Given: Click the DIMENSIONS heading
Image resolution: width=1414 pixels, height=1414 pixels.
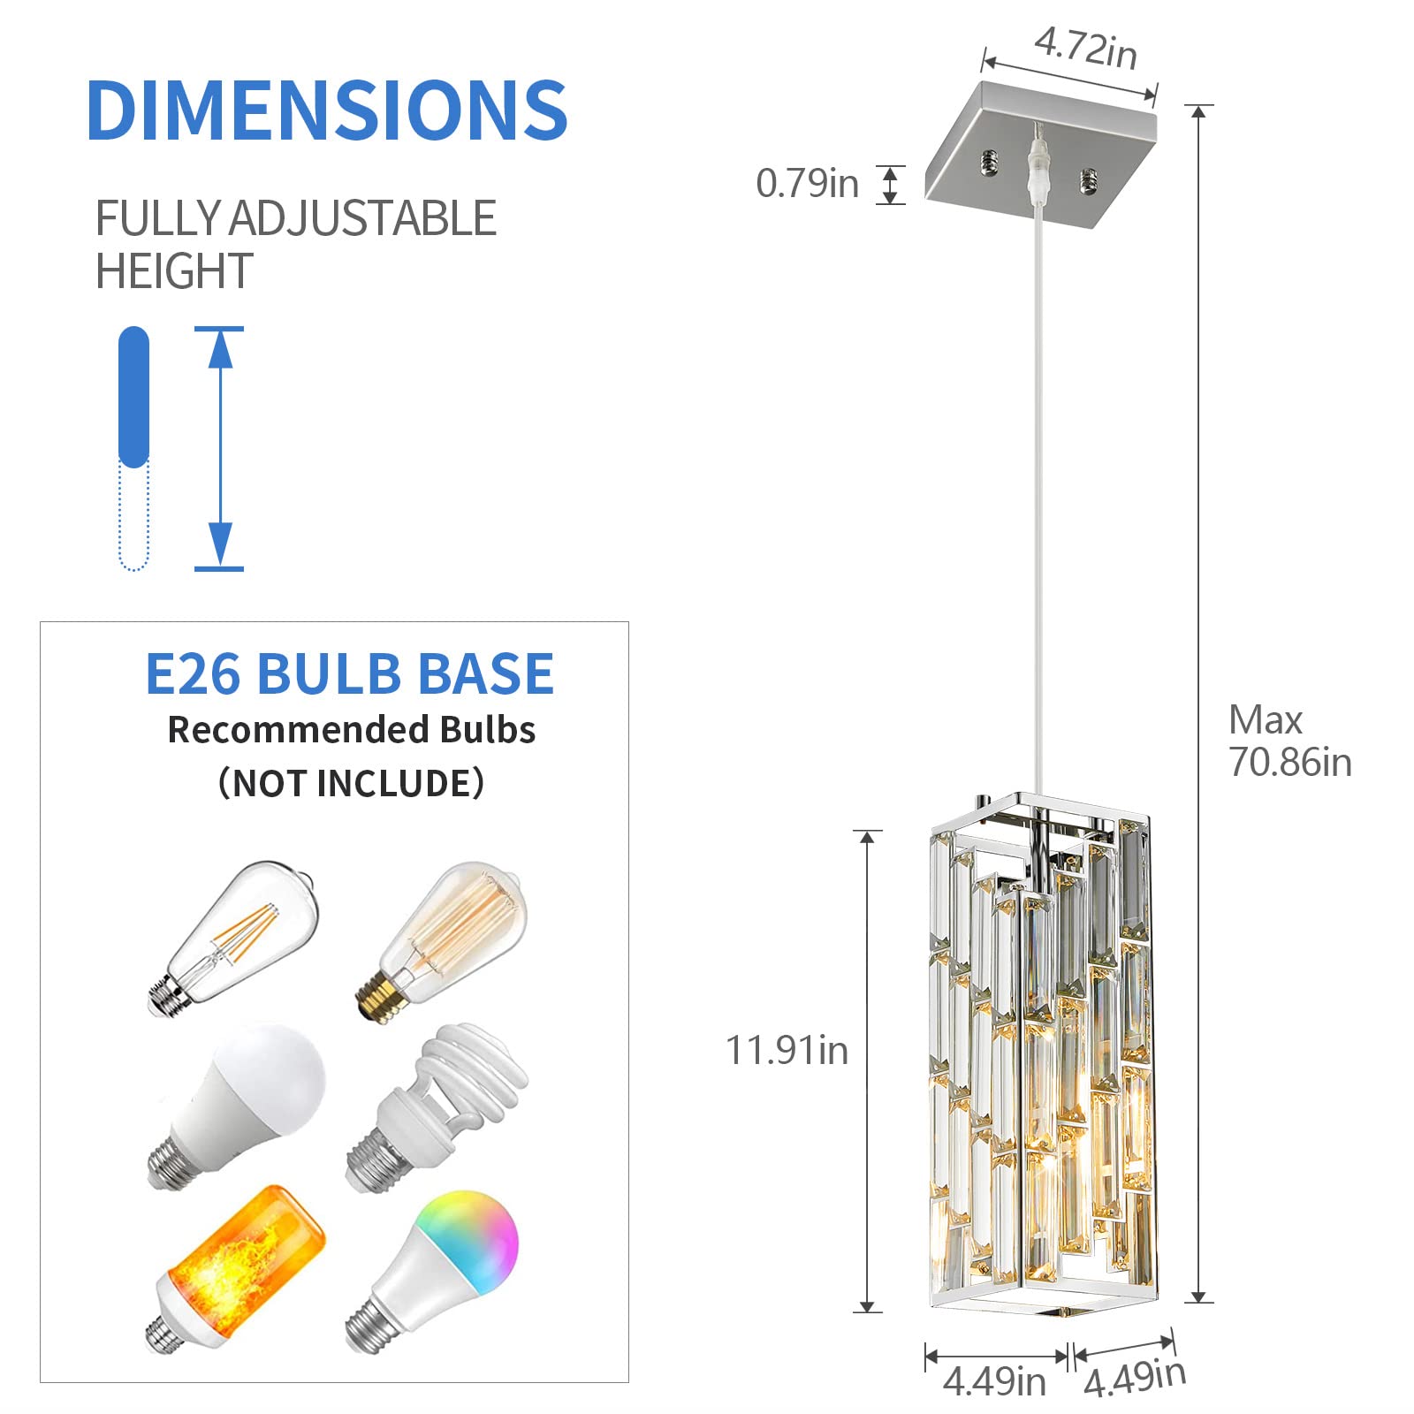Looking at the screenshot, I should pyautogui.click(x=327, y=110).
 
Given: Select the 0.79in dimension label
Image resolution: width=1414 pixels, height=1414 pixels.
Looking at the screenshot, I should pyautogui.click(x=807, y=184).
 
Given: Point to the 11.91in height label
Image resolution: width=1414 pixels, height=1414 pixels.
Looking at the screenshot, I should pyautogui.click(x=787, y=1051).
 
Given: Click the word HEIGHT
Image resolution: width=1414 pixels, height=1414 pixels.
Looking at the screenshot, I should pyautogui.click(x=174, y=271).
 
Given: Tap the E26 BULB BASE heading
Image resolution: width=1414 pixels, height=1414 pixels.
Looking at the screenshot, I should pyautogui.click(x=349, y=674).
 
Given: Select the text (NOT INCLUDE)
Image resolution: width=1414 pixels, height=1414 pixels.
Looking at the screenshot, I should pyautogui.click(x=351, y=783).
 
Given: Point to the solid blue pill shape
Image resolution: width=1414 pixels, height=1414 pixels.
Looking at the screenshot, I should pyautogui.click(x=133, y=396).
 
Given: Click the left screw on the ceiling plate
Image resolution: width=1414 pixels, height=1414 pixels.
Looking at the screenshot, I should pyautogui.click(x=990, y=162).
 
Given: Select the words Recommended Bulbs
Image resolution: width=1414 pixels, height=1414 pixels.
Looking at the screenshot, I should pyautogui.click(x=351, y=730).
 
